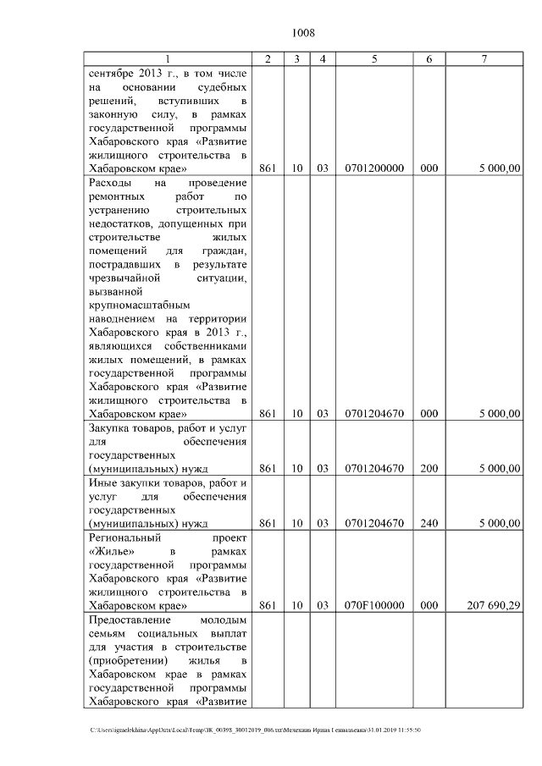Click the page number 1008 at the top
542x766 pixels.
pos(303,33)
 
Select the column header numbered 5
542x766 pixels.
pos(373,59)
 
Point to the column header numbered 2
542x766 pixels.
pos(268,59)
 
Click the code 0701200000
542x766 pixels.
pos(373,168)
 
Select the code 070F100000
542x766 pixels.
pos(373,605)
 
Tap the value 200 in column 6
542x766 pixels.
pos(429,468)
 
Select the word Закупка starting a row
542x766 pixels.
pos(109,428)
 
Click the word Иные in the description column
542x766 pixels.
pos(102,482)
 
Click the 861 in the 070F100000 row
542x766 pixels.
pos(268,605)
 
